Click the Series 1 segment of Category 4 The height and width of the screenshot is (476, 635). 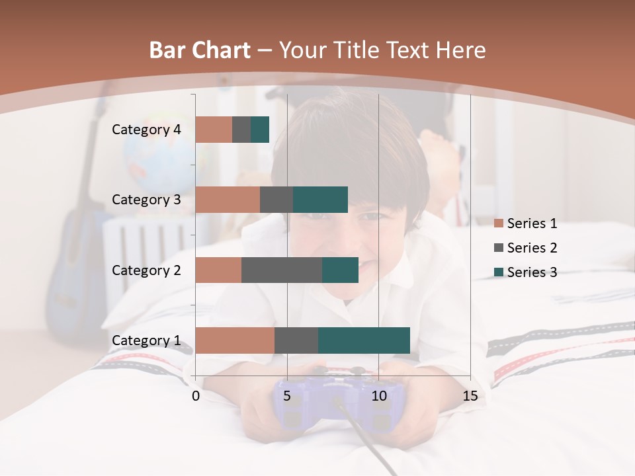click(214, 130)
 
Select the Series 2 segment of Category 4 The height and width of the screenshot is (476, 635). click(241, 130)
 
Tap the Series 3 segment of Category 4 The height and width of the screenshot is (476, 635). click(260, 130)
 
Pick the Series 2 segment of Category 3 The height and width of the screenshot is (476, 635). click(276, 200)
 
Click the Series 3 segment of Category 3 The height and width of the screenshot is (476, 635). click(320, 200)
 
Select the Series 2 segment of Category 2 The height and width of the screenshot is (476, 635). click(282, 270)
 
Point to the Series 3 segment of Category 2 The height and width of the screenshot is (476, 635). click(340, 270)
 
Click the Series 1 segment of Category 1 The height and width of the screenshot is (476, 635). click(235, 340)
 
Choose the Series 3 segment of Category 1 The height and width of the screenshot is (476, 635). click(364, 340)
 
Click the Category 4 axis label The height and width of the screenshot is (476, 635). click(146, 130)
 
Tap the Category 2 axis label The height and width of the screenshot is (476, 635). click(146, 270)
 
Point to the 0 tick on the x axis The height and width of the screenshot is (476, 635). click(196, 397)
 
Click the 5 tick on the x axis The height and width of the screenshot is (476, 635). click(287, 397)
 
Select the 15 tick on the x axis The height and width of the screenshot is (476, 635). click(470, 397)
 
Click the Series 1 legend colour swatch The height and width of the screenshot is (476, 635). click(499, 223)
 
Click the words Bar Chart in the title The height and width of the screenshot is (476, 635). click(200, 50)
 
